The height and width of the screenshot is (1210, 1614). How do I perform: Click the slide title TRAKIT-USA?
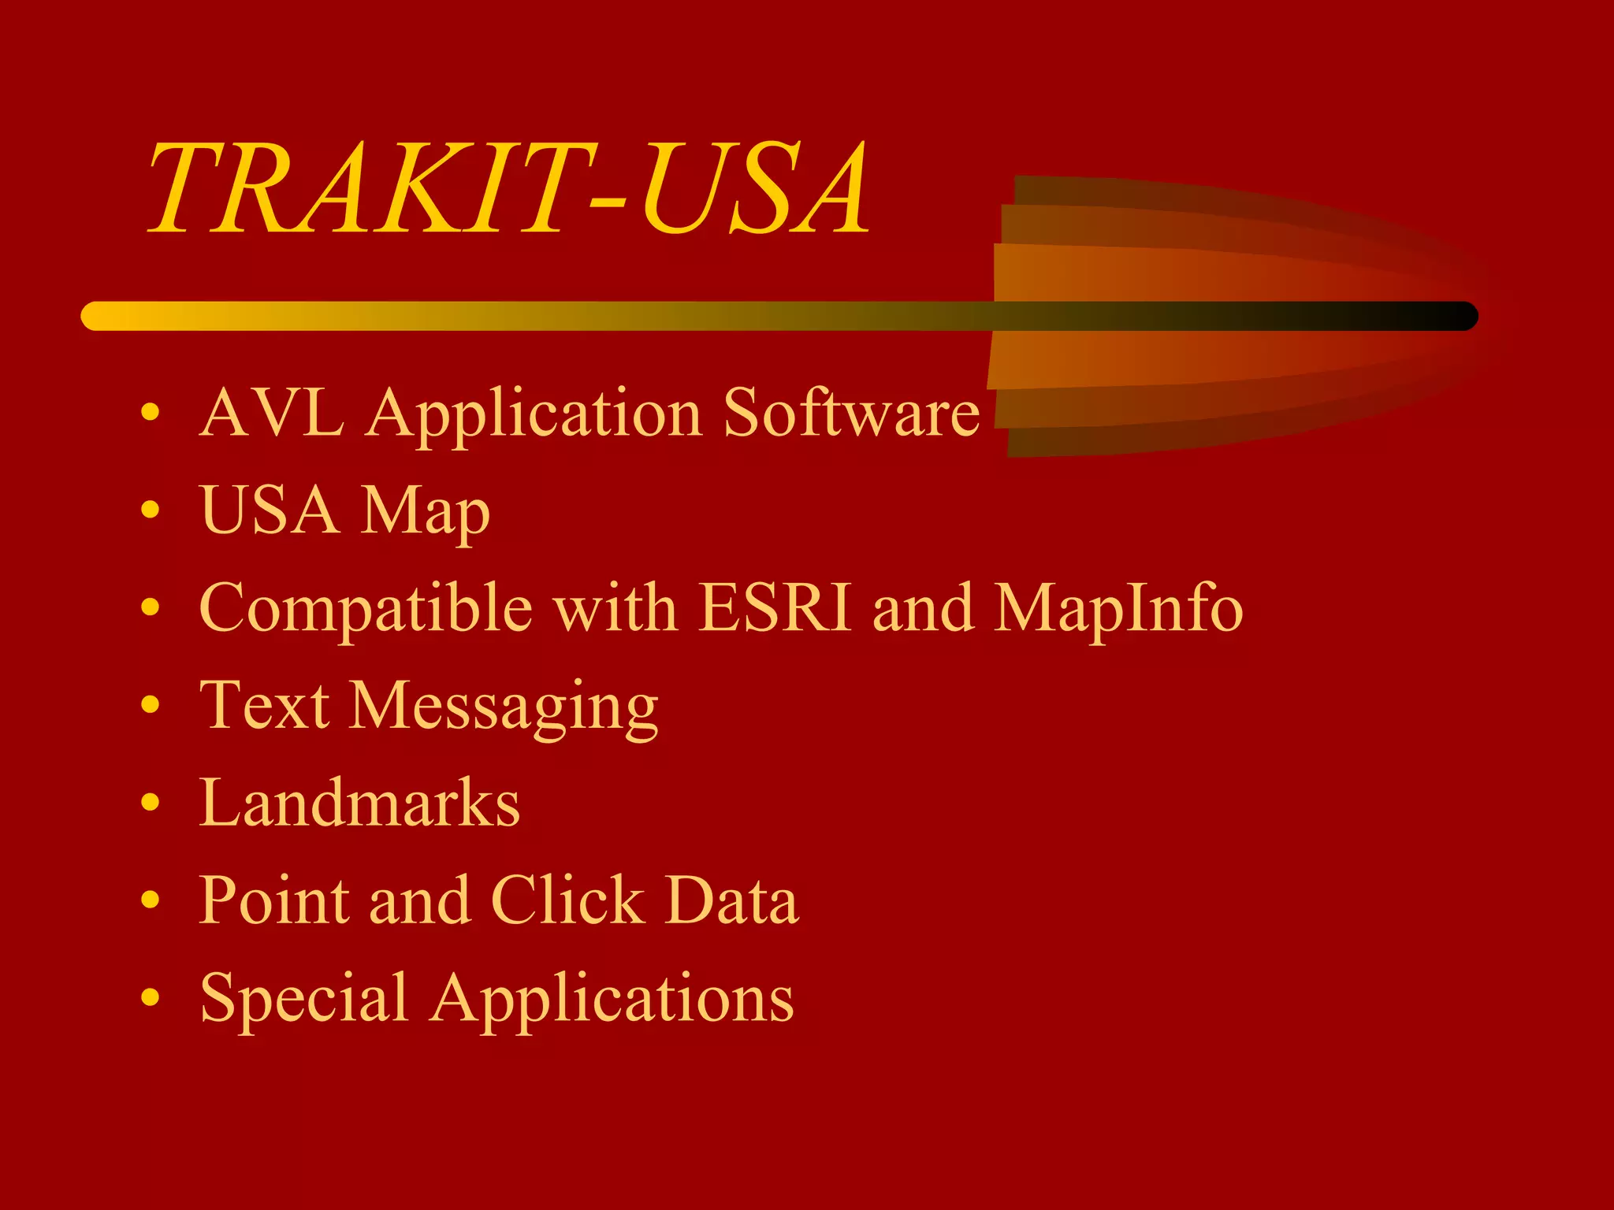[509, 189]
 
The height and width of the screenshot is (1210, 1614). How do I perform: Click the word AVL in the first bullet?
[272, 412]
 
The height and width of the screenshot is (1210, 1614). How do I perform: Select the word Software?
[851, 412]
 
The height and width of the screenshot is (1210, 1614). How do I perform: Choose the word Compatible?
[366, 609]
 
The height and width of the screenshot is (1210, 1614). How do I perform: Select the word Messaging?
[504, 707]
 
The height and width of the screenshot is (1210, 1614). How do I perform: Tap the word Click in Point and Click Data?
[567, 900]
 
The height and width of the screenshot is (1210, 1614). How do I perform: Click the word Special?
[304, 999]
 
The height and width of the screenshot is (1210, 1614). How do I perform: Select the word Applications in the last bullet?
[612, 999]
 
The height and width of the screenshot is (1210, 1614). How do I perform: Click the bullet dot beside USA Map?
[150, 510]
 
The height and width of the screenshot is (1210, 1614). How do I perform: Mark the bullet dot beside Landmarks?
[150, 803]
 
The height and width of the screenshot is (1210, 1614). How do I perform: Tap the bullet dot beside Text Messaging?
[150, 705]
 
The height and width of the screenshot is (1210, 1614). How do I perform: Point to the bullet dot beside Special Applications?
[150, 997]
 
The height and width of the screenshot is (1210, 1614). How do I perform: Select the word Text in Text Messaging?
[265, 705]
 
